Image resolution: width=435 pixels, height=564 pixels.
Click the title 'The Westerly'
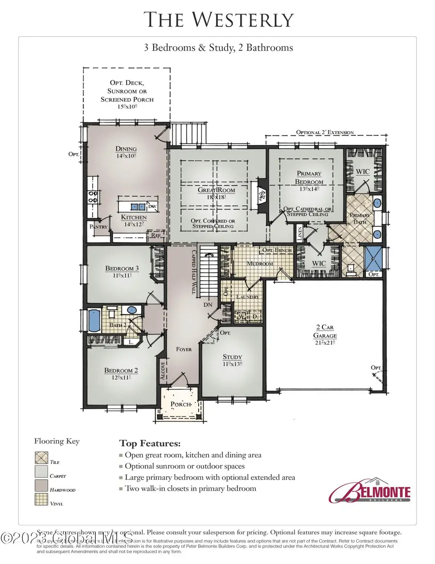[x=218, y=20]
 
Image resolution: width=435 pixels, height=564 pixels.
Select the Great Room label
[x=217, y=190]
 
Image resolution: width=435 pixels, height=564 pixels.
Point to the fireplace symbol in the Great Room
[x=262, y=197]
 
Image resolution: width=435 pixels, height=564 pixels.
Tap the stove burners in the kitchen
[x=91, y=196]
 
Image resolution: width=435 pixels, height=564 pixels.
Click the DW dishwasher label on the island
[x=153, y=207]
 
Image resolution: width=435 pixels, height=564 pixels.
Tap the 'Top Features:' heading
[x=150, y=443]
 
